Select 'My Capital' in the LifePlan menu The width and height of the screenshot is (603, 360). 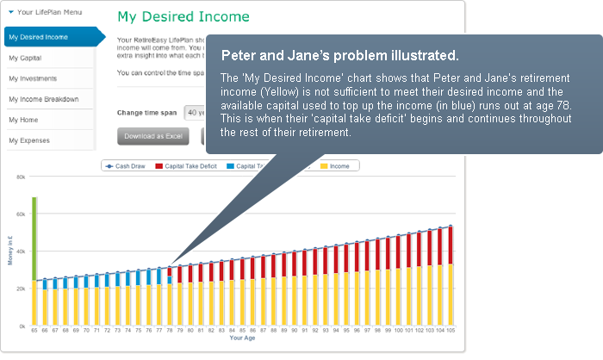coord(26,58)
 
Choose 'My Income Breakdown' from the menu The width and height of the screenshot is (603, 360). coord(44,99)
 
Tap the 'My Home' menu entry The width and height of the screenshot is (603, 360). coord(23,120)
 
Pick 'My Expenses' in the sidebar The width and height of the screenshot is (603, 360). coord(29,140)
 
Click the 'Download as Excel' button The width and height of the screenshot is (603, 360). coord(152,136)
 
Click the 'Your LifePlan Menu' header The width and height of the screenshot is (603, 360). coord(53,13)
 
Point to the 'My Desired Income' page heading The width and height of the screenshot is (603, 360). coord(183,17)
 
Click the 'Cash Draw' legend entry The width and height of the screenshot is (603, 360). coord(127,165)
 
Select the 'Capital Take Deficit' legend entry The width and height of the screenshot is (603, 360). coord(187,165)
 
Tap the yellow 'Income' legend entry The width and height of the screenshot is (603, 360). coord(339,165)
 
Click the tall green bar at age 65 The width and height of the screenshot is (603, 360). coord(34,239)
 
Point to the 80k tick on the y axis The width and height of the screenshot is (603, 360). coord(21,176)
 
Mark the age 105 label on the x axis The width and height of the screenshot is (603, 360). coord(450,331)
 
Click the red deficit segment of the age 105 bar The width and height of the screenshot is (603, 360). coord(450,245)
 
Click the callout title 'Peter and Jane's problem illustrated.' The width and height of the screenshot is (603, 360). coord(339,56)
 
